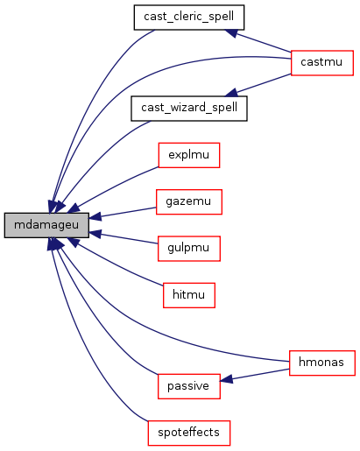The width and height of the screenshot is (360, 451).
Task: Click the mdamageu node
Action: tap(46, 225)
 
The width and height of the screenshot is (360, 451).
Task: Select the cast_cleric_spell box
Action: tap(189, 18)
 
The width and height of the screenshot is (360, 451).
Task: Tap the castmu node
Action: tap(322, 63)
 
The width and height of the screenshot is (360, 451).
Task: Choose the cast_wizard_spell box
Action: tap(189, 109)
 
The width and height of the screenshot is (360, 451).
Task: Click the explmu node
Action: tap(189, 155)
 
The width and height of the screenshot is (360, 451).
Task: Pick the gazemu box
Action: tap(189, 201)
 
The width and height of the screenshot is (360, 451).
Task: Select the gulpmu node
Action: tap(189, 249)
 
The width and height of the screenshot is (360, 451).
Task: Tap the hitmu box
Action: tap(189, 295)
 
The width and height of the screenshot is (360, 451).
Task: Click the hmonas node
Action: tap(322, 363)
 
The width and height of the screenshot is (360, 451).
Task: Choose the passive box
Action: tap(189, 386)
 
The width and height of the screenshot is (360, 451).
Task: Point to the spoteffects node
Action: tap(189, 433)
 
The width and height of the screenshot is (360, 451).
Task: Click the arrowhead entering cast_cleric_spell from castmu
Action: tap(231, 32)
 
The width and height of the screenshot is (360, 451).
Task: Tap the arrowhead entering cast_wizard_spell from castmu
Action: tap(231, 93)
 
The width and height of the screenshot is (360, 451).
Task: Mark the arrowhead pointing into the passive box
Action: tap(226, 379)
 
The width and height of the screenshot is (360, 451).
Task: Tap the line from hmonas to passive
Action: tap(254, 375)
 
